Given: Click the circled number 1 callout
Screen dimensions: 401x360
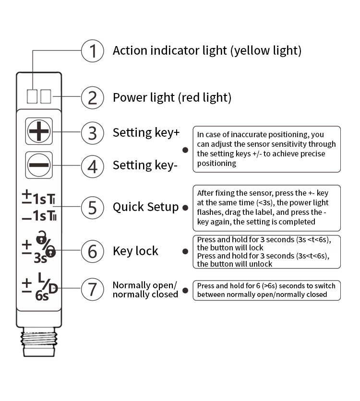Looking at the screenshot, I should coord(93,51).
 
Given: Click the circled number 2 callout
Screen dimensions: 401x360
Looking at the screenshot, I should coord(93,97).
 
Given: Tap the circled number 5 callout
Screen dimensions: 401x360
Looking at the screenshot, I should coord(93,207).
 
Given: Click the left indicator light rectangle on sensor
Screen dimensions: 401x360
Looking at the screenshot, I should coord(32,97).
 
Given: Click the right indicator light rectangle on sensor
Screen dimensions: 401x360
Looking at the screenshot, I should coord(46,97).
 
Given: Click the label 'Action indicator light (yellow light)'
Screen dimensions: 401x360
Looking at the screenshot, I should coord(207,51).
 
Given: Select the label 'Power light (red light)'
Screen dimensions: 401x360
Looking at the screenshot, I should coord(172,98).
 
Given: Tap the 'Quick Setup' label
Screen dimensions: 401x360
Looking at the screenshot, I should coord(145,207).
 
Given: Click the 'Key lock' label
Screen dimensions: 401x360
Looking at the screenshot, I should coord(135,251).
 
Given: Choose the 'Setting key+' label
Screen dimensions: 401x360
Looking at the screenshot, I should coord(146,133).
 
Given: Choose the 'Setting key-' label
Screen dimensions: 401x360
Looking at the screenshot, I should coord(145,165).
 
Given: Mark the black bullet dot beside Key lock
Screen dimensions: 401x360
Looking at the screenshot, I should coord(185,251).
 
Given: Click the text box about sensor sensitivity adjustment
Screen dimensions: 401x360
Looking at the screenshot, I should coord(266,149).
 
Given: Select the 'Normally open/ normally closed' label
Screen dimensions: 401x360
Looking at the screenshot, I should coord(145,290).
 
